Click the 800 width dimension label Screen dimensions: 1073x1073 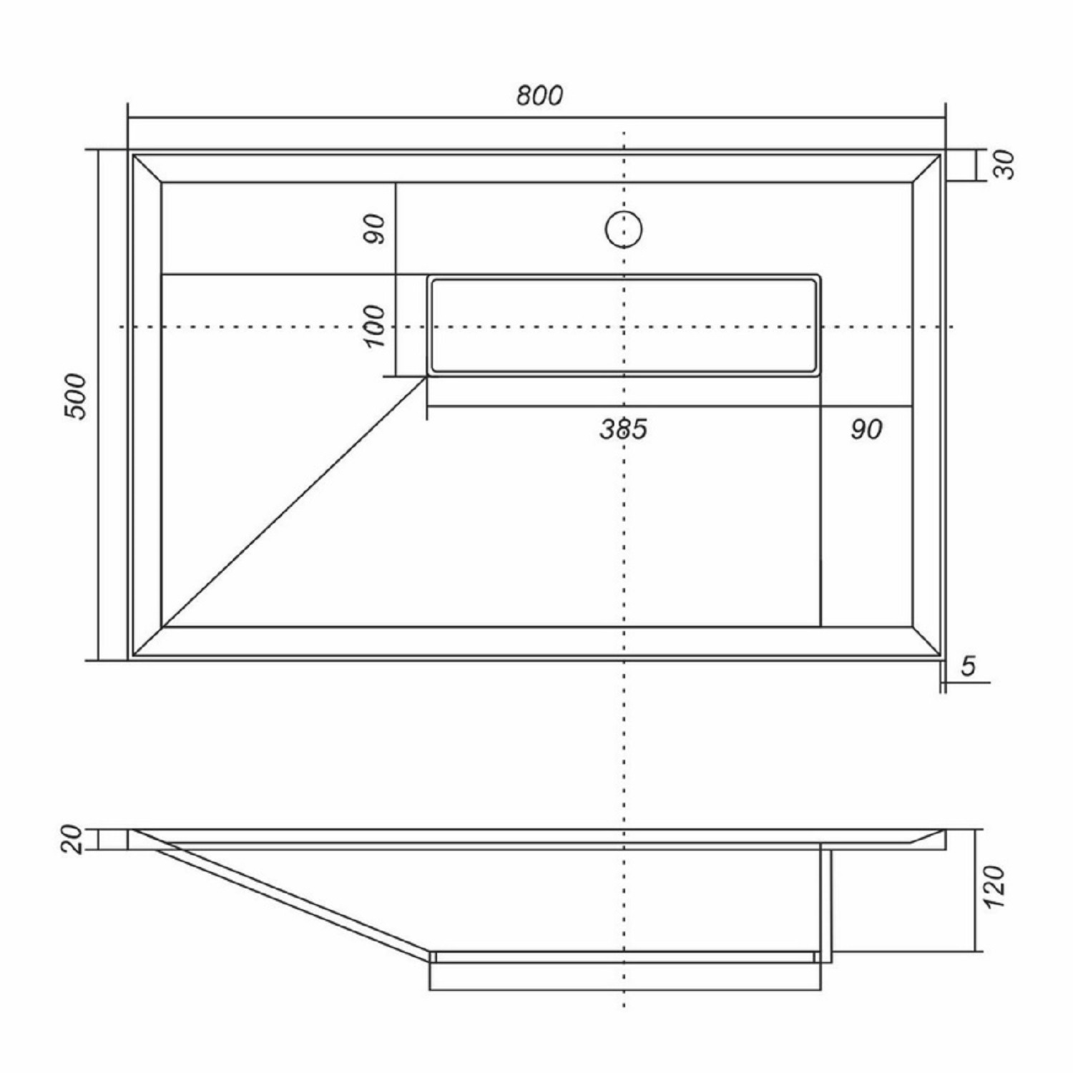pos(540,95)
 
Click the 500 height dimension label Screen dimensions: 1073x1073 pos(75,396)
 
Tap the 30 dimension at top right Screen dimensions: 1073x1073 pos(1004,165)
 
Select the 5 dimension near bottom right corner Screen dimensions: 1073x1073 pos(968,666)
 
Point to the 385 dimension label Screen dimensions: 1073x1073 pos(623,428)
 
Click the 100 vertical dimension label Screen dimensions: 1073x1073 pos(374,326)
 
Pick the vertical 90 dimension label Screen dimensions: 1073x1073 pos(374,228)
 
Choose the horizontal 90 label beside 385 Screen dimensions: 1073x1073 pos(866,428)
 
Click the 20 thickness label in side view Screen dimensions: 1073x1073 pos(74,839)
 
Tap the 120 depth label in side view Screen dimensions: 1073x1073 pos(994,887)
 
